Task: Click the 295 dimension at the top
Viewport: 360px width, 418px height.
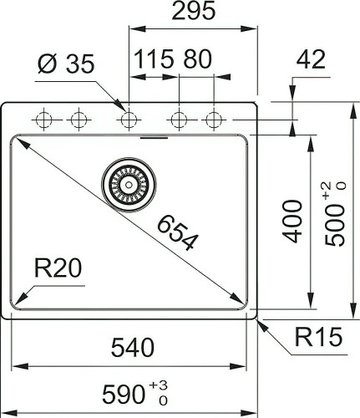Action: (190, 12)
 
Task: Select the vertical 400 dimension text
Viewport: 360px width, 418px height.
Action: (292, 221)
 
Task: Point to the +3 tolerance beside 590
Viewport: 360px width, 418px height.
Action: (158, 385)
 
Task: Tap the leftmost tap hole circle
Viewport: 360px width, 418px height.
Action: (43, 120)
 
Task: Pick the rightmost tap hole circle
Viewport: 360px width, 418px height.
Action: (214, 120)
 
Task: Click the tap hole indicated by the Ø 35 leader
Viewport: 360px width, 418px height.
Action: (128, 120)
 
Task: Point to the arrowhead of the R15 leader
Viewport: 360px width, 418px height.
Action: (259, 319)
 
